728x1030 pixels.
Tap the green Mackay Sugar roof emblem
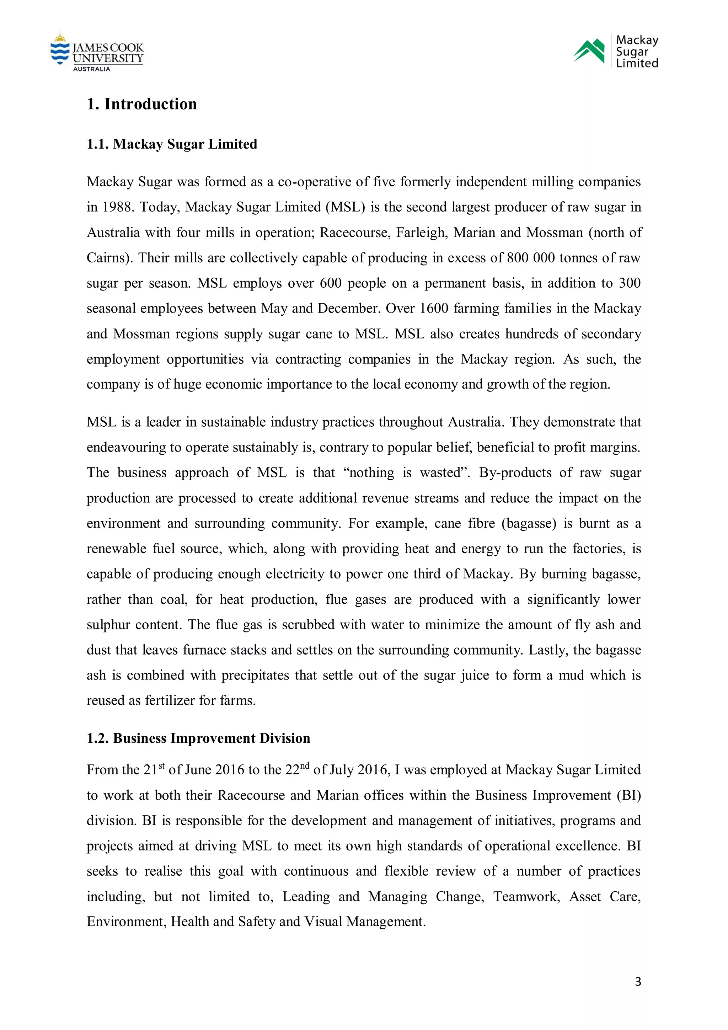coord(589,51)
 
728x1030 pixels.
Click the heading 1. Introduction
coord(142,104)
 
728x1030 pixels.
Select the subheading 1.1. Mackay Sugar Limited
coord(172,144)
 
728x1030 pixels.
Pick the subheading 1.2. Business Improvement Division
coord(198,738)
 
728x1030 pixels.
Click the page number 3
coord(638,982)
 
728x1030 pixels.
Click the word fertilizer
coord(171,701)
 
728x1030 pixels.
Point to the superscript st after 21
coord(161,766)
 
